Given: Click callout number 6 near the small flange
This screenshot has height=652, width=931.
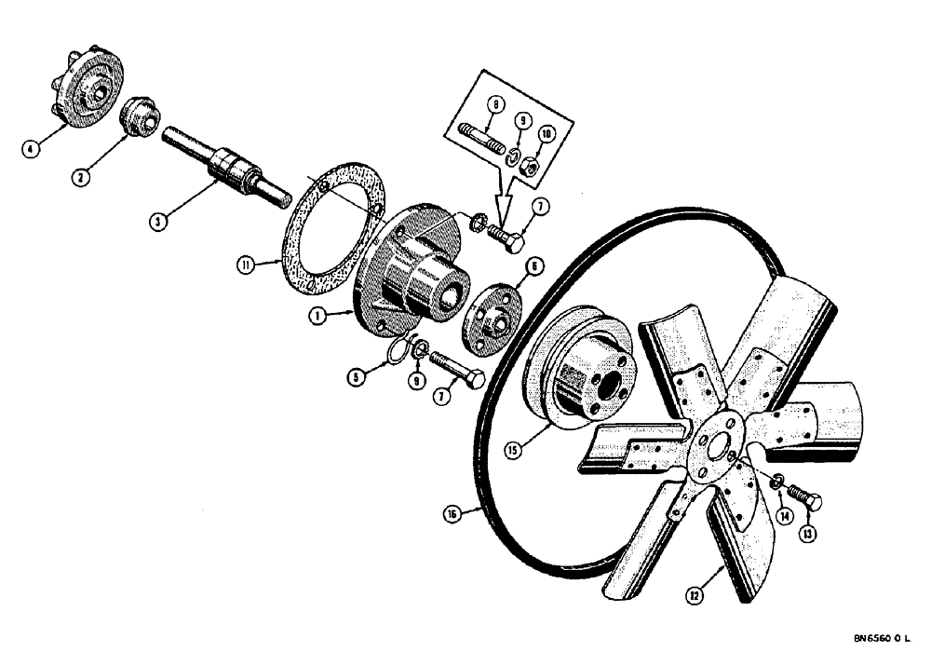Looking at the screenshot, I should point(534,266).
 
